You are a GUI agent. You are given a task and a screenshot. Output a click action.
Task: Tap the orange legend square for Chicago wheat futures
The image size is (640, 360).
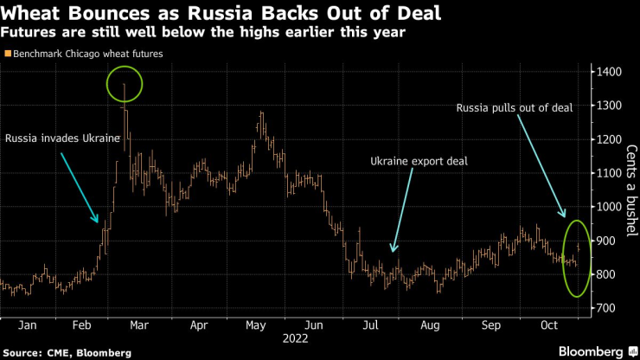(x=7, y=54)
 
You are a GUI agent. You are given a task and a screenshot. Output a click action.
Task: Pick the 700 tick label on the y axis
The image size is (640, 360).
(x=605, y=309)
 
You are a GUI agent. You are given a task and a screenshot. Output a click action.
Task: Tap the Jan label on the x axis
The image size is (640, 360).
(x=28, y=327)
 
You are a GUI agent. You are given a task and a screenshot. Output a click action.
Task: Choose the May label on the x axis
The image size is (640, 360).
(x=254, y=327)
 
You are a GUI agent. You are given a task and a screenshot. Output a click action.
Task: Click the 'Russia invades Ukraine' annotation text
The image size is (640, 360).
(x=61, y=138)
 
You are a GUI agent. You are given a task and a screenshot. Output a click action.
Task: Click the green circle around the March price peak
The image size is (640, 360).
(x=126, y=84)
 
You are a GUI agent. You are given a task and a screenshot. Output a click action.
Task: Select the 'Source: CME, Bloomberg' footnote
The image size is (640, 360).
(x=68, y=352)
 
